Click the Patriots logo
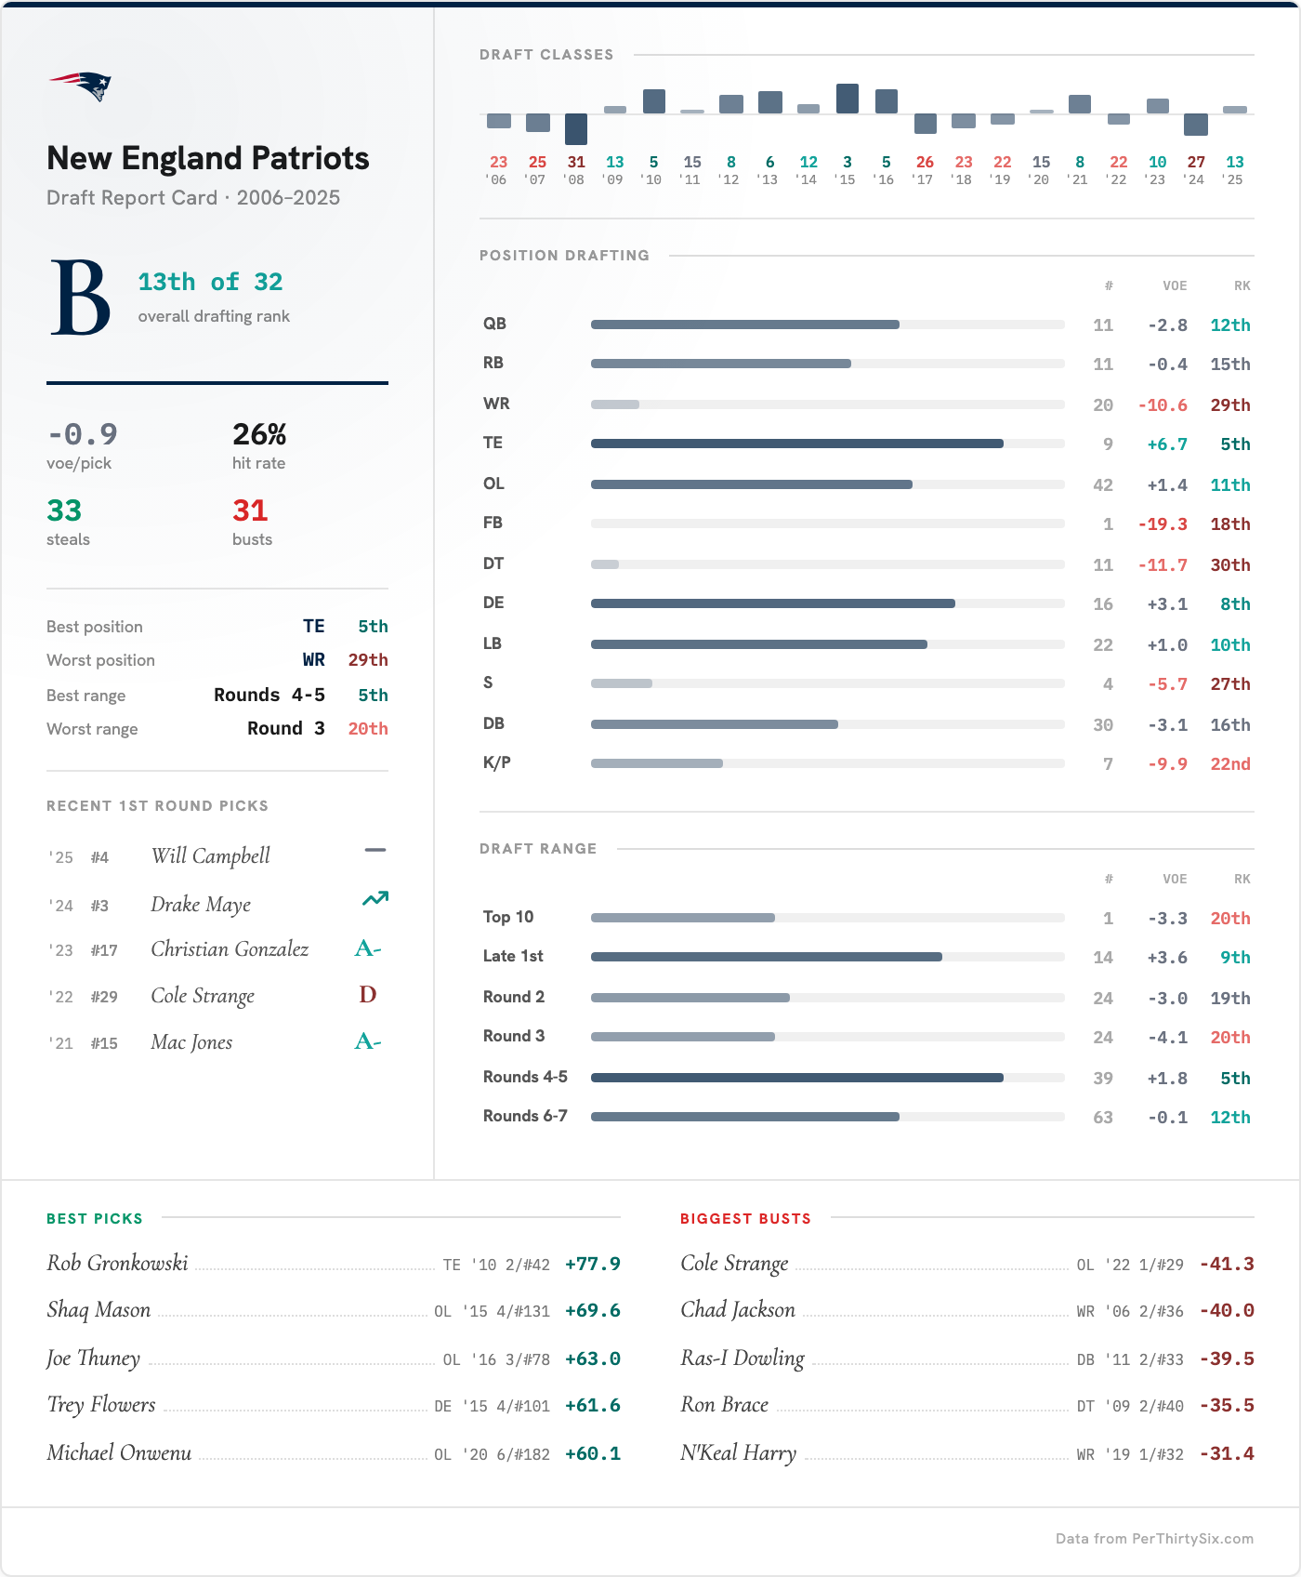(x=81, y=86)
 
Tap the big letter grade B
(x=80, y=298)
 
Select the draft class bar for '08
(x=576, y=128)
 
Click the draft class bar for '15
(x=848, y=99)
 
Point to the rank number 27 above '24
(x=1196, y=162)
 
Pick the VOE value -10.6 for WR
(x=1163, y=405)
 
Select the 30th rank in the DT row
(x=1229, y=565)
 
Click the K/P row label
(x=497, y=762)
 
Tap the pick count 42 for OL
(x=1102, y=485)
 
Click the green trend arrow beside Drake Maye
(x=375, y=899)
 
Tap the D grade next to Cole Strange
(x=368, y=995)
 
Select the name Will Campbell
(x=211, y=856)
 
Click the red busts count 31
(x=250, y=510)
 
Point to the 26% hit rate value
(x=259, y=434)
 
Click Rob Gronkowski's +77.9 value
(x=592, y=1264)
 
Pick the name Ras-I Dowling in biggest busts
(x=742, y=1358)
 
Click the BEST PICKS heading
(x=95, y=1218)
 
